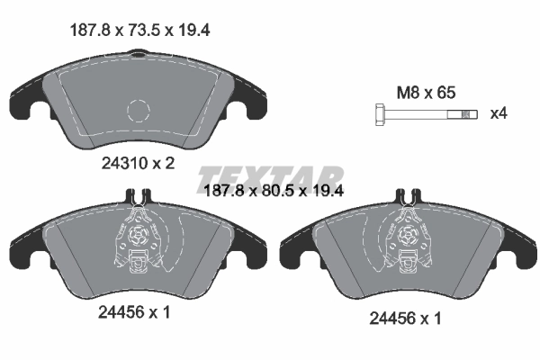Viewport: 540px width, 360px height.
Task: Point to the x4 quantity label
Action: pyautogui.click(x=498, y=114)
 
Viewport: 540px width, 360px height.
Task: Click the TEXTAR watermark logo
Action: pyautogui.click(x=270, y=175)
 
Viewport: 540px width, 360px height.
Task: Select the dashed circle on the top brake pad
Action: pyautogui.click(x=138, y=111)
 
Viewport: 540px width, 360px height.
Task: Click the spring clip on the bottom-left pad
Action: pyautogui.click(x=138, y=243)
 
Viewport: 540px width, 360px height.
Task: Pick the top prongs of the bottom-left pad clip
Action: pyautogui.click(x=138, y=195)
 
